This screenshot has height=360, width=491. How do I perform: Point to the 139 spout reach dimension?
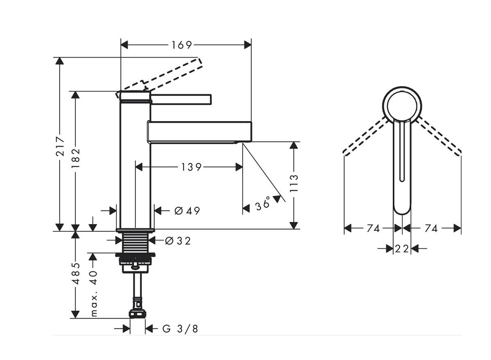(x=191, y=167)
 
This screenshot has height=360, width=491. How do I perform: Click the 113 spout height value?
(x=294, y=184)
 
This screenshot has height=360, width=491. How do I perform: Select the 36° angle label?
(x=263, y=204)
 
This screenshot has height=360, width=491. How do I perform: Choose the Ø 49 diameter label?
(x=187, y=211)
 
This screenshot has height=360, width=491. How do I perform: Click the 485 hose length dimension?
(x=75, y=273)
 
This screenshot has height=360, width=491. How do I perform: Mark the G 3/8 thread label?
(x=180, y=328)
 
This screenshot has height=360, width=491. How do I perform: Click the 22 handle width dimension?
(x=402, y=248)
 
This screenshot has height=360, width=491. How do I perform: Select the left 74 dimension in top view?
(x=373, y=228)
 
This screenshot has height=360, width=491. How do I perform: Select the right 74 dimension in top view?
(x=431, y=228)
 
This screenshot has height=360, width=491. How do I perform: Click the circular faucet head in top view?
(x=402, y=105)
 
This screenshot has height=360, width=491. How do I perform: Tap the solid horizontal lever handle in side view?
(x=182, y=99)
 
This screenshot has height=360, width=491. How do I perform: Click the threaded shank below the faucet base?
(x=135, y=243)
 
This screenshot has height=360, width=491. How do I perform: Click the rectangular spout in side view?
(x=199, y=132)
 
